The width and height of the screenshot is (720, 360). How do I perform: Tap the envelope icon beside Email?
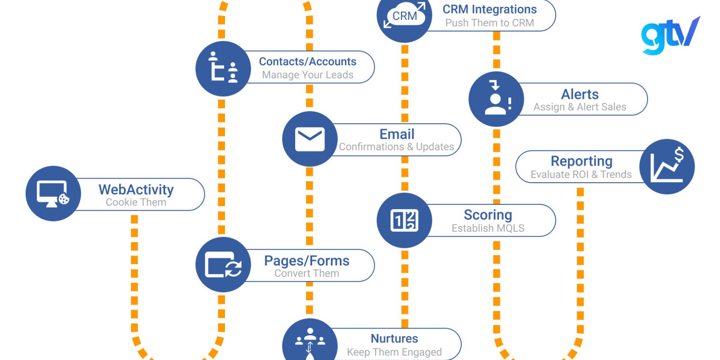point(310,139)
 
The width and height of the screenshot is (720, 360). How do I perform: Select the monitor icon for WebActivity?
point(53,193)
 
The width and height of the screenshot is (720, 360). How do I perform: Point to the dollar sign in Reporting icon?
point(679,155)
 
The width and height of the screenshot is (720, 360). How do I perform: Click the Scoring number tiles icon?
point(404,220)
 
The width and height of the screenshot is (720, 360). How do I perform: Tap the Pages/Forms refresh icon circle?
point(223,265)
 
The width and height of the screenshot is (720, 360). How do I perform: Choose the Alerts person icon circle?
point(496,99)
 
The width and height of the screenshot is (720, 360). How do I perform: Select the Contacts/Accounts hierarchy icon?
point(223,69)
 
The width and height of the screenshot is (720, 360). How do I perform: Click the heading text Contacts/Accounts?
point(307,61)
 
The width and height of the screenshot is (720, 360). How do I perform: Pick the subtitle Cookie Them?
point(136,202)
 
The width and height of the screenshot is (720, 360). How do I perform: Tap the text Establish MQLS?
point(488,228)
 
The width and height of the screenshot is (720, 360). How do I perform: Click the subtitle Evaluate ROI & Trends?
point(581,175)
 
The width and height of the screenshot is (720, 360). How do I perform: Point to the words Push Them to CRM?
point(490,23)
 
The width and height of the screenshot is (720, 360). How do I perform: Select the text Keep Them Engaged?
point(394,352)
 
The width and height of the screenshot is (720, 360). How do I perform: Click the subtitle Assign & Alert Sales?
point(580,107)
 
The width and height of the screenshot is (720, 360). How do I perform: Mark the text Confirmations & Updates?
point(396,147)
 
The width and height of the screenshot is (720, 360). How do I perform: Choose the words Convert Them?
point(307,273)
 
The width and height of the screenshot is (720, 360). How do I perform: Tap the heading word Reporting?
point(581,161)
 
